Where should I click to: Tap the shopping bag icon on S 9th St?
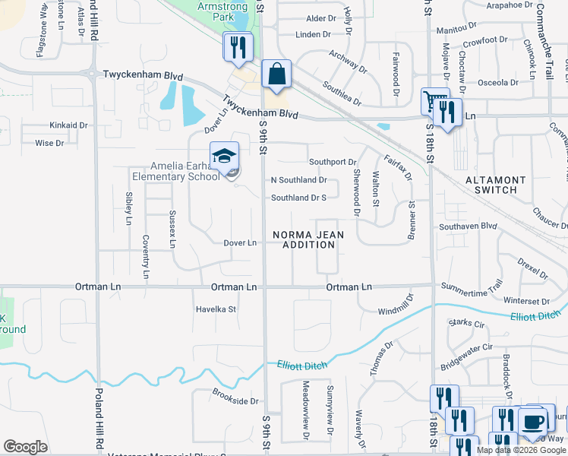coord(276,74)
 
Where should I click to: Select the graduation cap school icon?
coord(224,157)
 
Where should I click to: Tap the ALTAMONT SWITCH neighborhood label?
coord(495,185)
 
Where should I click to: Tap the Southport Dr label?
coord(333,162)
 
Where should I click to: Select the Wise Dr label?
coord(49,143)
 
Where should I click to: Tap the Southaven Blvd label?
coord(467,226)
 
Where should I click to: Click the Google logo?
coord(26,446)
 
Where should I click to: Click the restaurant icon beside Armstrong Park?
coord(238,47)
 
